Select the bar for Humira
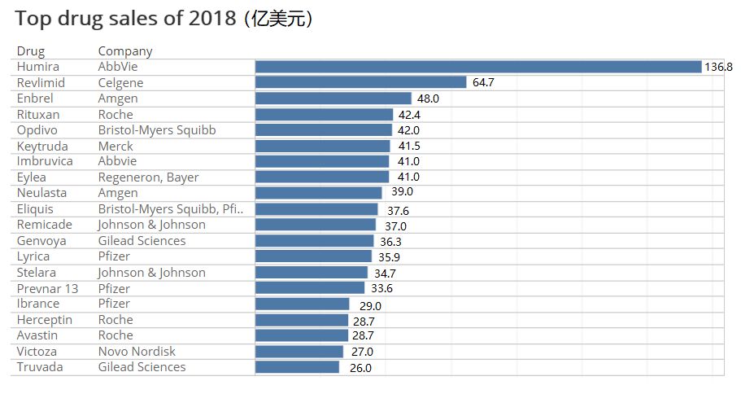tap(477, 67)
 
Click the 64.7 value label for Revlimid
tap(483, 83)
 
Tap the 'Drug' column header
tap(31, 50)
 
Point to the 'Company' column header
tap(125, 50)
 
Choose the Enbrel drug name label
tap(34, 98)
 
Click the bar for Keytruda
tap(322, 146)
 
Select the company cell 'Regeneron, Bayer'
tap(148, 177)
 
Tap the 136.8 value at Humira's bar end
tap(718, 67)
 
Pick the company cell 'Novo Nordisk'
tap(137, 352)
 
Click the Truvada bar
tap(297, 367)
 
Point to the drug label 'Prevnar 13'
tap(47, 288)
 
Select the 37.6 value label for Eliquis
tap(398, 210)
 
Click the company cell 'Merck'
tap(116, 146)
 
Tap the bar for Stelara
tap(311, 273)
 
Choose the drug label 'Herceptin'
tap(45, 320)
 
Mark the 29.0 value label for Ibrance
tap(369, 305)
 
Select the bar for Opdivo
tap(323, 130)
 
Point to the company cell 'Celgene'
tap(120, 83)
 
